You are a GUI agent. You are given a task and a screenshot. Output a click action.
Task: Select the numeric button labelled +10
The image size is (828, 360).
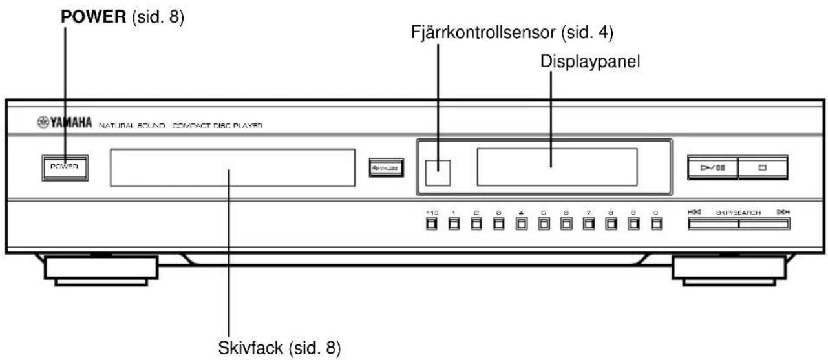pos(432,224)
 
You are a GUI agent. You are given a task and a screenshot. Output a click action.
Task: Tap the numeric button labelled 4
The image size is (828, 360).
pos(521,224)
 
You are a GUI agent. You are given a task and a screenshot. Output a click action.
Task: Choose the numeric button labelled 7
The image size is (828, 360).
pos(588,224)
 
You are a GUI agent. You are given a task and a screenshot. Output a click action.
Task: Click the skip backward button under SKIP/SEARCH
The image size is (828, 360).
pos(713,224)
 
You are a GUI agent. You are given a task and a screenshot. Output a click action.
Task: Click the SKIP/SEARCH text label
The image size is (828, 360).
pos(738,211)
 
